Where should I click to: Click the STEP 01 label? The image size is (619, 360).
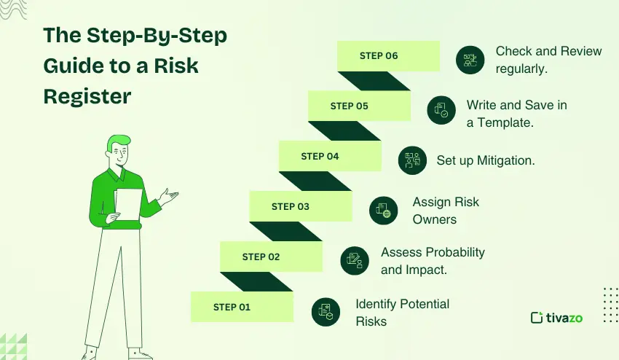(x=232, y=307)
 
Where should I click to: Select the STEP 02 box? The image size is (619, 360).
(x=261, y=257)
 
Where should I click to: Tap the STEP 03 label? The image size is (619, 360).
(x=290, y=206)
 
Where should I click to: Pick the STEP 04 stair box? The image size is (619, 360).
(x=320, y=156)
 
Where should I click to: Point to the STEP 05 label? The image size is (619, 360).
(x=349, y=106)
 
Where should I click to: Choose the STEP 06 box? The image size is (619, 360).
(x=379, y=55)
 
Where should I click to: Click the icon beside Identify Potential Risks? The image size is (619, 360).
(x=326, y=312)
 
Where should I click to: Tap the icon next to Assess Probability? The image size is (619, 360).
(x=355, y=260)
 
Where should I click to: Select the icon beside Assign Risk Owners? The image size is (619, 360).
(x=384, y=211)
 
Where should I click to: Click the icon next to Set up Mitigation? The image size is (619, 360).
(x=412, y=160)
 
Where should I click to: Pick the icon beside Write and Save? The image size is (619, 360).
(x=441, y=110)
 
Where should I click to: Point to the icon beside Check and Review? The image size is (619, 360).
(x=470, y=60)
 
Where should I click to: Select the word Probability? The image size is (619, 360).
(x=449, y=252)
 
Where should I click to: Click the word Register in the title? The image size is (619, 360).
(x=87, y=96)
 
